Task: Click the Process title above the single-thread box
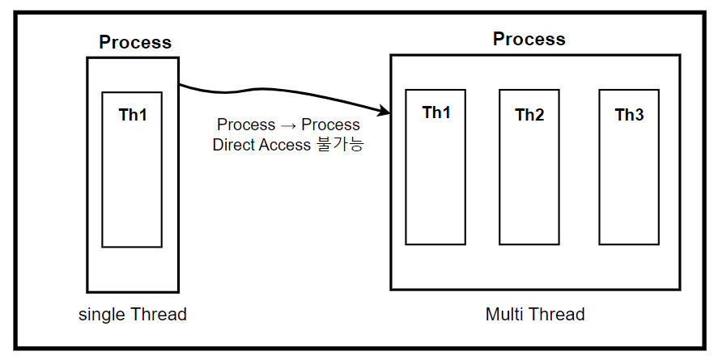click(x=135, y=42)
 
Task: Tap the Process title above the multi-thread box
click(x=529, y=39)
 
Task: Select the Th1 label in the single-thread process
click(x=133, y=115)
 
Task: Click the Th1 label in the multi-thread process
click(x=436, y=112)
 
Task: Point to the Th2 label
click(x=529, y=115)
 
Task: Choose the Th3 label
click(x=629, y=115)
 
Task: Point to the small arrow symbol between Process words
click(x=288, y=125)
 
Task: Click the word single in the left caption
click(x=100, y=314)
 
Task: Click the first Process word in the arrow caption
click(x=246, y=125)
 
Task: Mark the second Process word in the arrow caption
click(x=330, y=125)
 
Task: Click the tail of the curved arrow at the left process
click(x=181, y=85)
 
